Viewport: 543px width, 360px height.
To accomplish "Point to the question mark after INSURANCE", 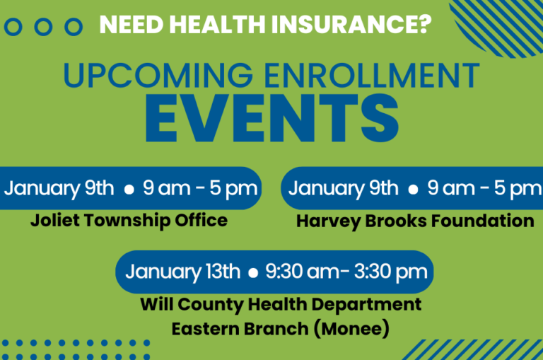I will click(424, 25).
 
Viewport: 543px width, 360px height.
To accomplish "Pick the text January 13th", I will click(183, 272).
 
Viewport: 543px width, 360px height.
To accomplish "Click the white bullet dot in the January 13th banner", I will click(254, 273).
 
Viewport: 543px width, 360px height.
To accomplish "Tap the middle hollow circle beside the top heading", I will click(44, 27).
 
